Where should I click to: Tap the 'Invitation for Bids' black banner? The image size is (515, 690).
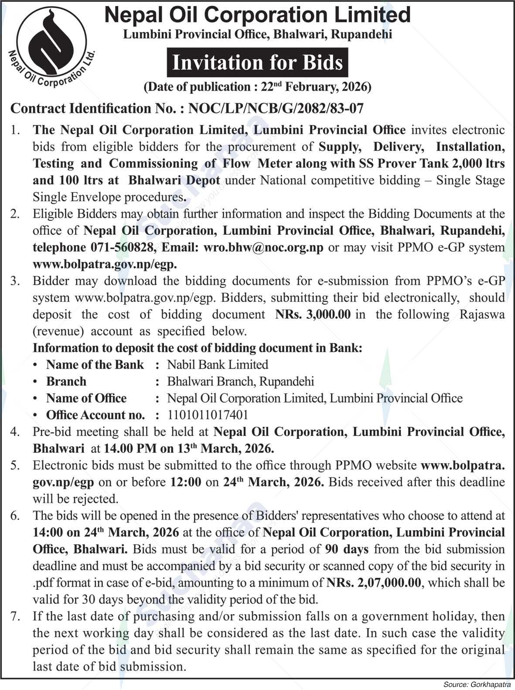point(257,63)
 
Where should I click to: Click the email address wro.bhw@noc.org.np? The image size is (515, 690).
point(261,248)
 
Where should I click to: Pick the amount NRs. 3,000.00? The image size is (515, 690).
point(313,314)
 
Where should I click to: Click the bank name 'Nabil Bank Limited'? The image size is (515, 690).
point(218,365)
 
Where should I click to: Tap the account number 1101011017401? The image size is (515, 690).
point(207,415)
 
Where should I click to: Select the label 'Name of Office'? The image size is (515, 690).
point(86,398)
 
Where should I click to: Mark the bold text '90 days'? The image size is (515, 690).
point(347,549)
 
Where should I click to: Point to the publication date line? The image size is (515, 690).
point(258,87)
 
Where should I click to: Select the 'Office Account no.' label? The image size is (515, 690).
point(95,415)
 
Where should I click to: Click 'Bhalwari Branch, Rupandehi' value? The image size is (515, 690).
point(240,382)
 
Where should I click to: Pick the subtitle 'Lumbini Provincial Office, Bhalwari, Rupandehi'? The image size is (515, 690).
point(257,34)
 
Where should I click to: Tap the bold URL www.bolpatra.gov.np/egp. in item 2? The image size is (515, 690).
point(105,264)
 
